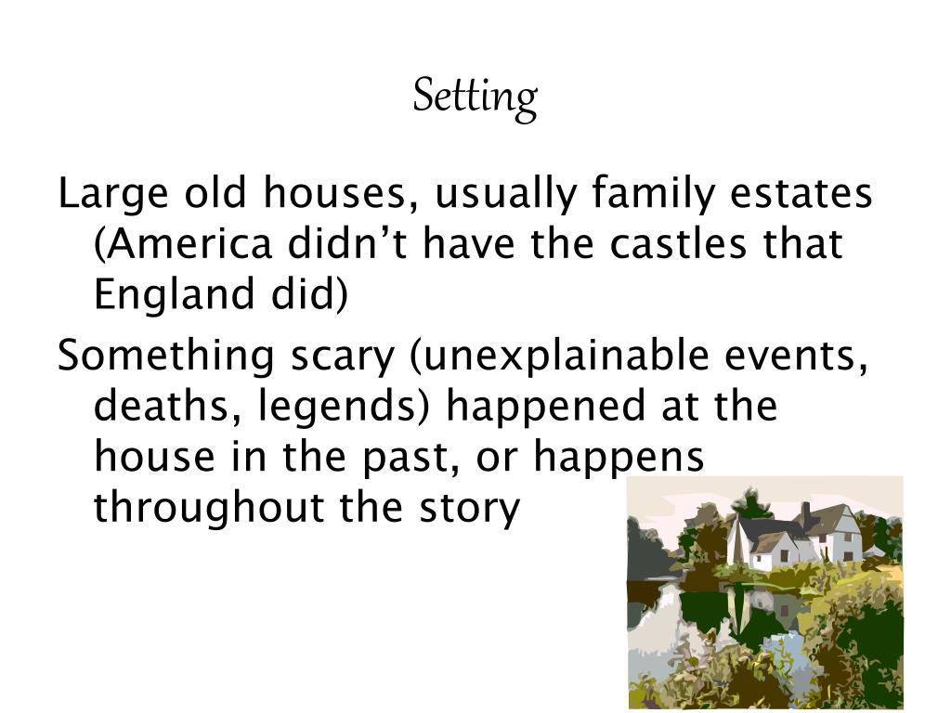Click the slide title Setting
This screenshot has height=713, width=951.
point(475,97)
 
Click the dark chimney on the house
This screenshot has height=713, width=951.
point(805,514)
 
